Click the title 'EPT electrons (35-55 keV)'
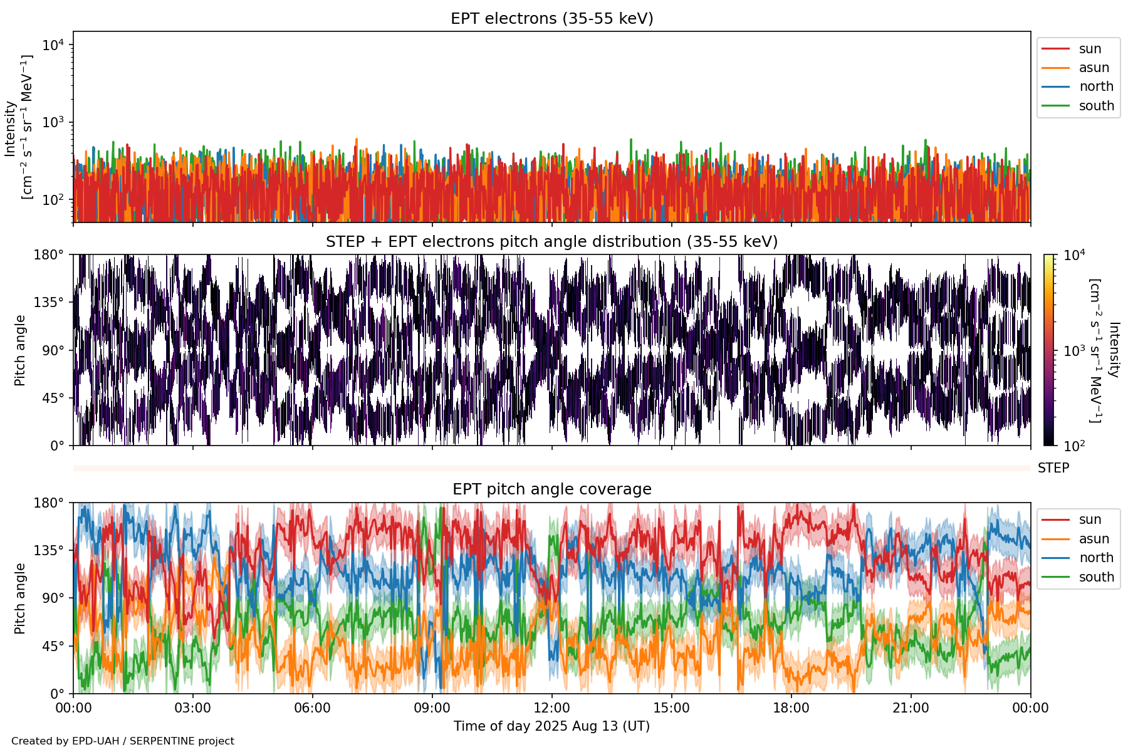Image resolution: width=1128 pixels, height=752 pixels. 551,19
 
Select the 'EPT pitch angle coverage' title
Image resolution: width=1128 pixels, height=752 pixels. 551,489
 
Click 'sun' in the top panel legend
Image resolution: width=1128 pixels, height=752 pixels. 1090,49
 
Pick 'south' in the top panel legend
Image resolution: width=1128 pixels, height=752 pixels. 1096,106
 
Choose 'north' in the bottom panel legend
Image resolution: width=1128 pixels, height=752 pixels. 1096,558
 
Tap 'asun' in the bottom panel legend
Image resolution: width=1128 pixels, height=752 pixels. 1094,539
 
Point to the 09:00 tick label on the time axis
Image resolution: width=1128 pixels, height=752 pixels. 432,708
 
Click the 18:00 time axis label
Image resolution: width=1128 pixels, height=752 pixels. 791,708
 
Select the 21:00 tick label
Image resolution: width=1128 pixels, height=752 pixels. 911,708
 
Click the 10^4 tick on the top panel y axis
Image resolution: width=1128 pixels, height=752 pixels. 53,45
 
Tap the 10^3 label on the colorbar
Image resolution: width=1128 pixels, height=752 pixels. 1075,351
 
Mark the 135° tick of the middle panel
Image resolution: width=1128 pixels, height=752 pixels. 49,303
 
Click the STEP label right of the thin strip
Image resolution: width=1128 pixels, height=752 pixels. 1053,468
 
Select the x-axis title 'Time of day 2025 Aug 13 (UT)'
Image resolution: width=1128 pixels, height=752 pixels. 551,726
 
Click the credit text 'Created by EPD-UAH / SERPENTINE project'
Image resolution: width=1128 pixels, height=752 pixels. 123,741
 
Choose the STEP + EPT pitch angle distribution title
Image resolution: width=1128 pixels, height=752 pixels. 551,242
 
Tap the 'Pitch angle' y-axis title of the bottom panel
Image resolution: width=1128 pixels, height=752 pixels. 20,598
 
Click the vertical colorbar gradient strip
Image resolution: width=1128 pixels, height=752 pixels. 1048,350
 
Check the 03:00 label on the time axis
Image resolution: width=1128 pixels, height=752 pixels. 192,708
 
